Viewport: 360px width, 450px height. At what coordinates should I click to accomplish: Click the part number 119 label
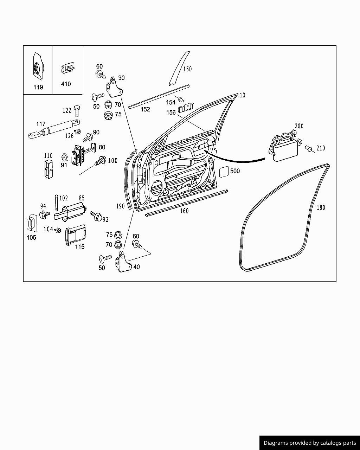38,87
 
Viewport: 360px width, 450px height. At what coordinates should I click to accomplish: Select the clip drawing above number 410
68,67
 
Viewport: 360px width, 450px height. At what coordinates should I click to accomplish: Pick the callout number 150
187,69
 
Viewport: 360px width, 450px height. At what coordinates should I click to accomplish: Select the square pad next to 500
224,172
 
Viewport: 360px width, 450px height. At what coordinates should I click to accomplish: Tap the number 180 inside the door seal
321,207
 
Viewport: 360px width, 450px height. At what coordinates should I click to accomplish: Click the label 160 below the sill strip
184,211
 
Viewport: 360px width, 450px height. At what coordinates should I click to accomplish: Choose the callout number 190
120,206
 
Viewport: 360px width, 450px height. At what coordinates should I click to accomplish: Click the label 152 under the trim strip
145,109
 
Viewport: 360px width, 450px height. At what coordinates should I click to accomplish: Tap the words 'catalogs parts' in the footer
337,443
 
